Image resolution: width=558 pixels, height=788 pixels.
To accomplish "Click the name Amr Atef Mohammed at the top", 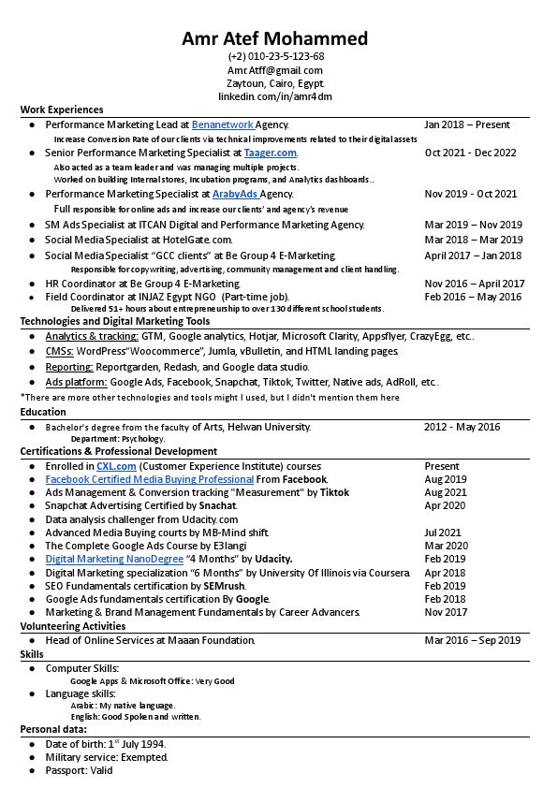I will click(x=275, y=38).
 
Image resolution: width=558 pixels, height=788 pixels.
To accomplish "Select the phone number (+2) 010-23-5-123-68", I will click(x=275, y=56).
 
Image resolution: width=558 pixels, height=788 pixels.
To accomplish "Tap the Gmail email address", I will click(x=275, y=70).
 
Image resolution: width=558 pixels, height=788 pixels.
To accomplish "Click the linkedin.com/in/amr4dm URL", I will click(x=275, y=96).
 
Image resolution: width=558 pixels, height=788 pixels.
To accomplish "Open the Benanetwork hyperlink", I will click(x=223, y=124).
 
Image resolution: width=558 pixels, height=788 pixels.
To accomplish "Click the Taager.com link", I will click(x=271, y=153).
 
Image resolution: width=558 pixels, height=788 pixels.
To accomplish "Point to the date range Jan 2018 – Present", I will click(x=466, y=124).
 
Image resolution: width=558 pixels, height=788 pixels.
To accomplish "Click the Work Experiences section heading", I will click(x=62, y=109).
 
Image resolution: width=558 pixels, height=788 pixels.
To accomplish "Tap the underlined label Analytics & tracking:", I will click(x=92, y=336).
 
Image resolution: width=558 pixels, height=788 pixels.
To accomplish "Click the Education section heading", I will click(x=43, y=412).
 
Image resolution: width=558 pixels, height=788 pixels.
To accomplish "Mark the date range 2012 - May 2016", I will click(x=462, y=427).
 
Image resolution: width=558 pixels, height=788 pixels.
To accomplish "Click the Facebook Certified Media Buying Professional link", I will click(x=149, y=479).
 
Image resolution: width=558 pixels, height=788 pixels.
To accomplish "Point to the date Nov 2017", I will click(x=446, y=612).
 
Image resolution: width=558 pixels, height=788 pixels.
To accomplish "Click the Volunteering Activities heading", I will click(x=73, y=626).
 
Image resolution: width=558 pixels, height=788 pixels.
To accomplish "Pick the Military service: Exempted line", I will click(x=107, y=757).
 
